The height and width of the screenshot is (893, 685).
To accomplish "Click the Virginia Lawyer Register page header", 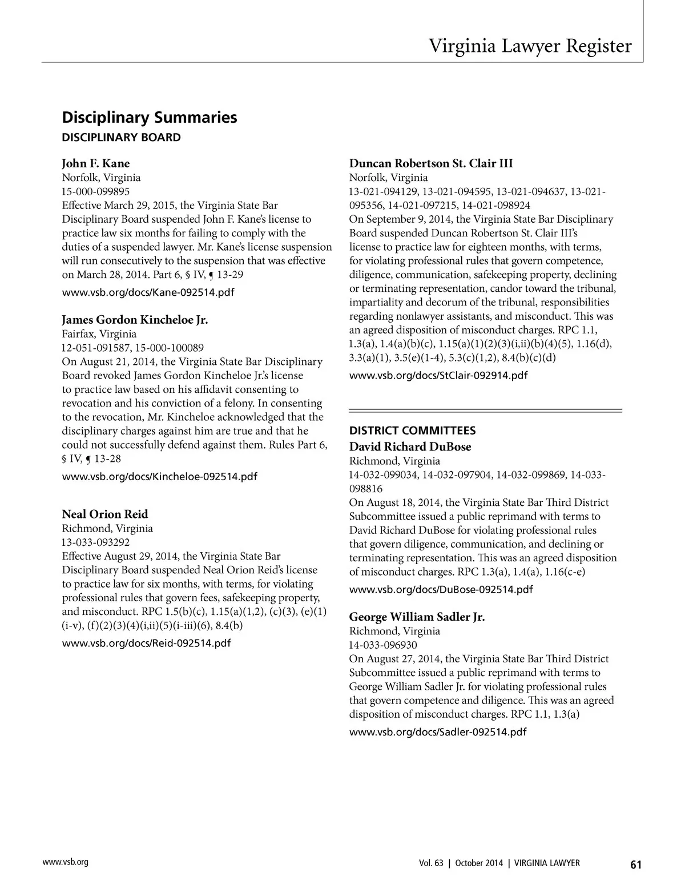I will click(530, 46).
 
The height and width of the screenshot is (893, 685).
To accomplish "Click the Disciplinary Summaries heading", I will click(149, 118).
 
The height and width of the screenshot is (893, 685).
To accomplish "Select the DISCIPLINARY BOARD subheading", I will click(121, 138).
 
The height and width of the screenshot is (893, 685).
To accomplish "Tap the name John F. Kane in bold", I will click(95, 164).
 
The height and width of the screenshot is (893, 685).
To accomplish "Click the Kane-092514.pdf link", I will click(148, 293).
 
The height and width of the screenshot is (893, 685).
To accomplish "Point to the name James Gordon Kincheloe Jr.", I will click(135, 320).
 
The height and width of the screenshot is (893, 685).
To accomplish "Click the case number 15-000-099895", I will click(95, 192).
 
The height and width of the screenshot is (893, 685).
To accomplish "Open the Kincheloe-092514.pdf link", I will click(159, 477).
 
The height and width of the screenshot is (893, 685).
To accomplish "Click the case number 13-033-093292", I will click(95, 542).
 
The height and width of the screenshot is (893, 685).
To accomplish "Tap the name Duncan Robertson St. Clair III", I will click(430, 164).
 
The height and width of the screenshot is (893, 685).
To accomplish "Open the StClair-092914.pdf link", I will click(438, 376).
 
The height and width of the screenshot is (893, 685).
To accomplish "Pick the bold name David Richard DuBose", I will click(410, 447).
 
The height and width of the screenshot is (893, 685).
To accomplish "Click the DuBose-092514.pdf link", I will click(441, 590).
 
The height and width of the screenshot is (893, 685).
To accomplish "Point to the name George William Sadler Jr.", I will click(417, 617).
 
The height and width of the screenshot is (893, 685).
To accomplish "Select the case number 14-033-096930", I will click(382, 645).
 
